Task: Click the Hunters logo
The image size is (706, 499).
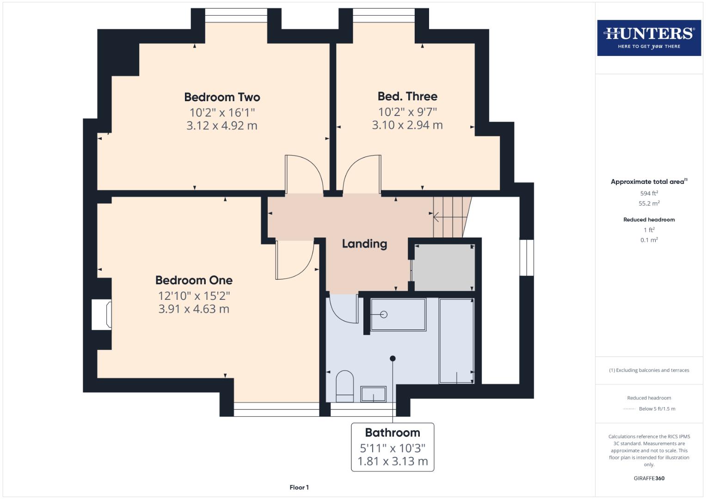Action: (649, 37)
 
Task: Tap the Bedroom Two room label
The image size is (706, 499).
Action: (222, 97)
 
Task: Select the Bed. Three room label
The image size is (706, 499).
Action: (407, 96)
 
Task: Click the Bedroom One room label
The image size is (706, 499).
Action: (194, 280)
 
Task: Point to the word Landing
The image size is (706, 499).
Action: (364, 243)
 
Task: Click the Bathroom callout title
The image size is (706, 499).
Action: (393, 432)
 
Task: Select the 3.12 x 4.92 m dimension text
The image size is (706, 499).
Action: (222, 126)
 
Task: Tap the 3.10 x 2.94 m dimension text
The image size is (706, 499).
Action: (407, 125)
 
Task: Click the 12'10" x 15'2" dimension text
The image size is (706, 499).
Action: (194, 295)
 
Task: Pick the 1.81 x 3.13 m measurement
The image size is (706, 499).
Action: (393, 461)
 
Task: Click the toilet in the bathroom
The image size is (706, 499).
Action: (344, 385)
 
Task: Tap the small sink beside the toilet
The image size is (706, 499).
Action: (373, 394)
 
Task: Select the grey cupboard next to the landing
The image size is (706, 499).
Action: (443, 268)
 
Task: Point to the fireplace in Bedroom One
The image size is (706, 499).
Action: (102, 315)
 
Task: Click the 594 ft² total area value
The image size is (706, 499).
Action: (649, 193)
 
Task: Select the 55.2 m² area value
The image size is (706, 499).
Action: (649, 203)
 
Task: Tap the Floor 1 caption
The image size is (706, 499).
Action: (299, 487)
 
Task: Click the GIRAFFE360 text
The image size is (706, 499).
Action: (649, 478)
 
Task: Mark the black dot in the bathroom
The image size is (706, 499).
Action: (393, 358)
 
